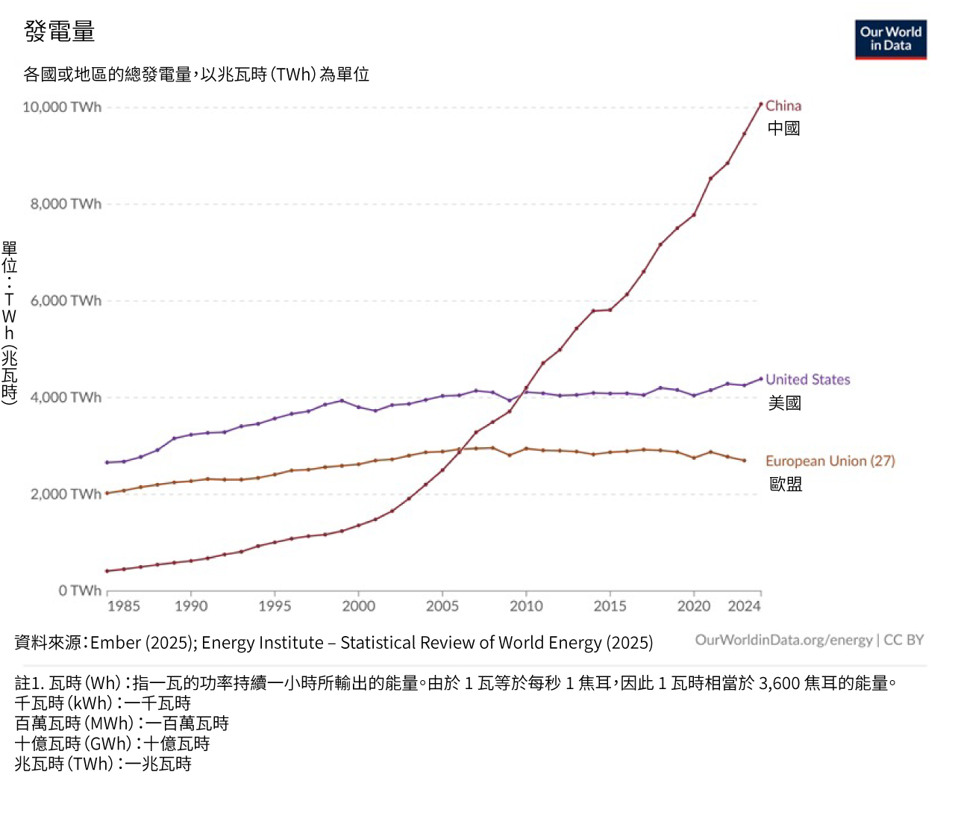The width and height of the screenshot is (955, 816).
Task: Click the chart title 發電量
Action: click(60, 31)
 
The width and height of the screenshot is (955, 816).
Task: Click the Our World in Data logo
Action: click(890, 40)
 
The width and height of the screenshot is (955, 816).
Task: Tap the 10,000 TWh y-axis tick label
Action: click(62, 107)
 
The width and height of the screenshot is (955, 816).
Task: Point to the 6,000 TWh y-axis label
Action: click(66, 301)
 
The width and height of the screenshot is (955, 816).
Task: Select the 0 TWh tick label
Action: click(80, 591)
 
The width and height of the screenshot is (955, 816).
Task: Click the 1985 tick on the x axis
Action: click(123, 606)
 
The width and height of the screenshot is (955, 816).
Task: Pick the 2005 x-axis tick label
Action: click(442, 606)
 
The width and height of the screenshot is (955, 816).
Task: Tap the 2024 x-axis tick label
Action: click(744, 606)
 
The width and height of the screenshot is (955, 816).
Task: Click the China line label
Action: click(783, 106)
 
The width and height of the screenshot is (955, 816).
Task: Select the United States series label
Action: click(807, 379)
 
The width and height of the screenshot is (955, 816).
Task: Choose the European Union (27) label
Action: click(830, 461)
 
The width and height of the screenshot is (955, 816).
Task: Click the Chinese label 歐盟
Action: click(786, 485)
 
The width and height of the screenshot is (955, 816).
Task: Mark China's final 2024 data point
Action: click(761, 105)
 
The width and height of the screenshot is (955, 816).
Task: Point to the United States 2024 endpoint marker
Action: click(761, 379)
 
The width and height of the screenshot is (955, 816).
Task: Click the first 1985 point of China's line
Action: click(107, 571)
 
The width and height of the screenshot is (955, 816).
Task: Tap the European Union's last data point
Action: click(744, 461)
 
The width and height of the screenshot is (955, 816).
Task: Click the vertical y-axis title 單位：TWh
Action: click(9, 323)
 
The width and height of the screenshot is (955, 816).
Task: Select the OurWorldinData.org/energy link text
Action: click(783, 640)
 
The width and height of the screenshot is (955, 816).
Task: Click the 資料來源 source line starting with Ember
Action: click(334, 643)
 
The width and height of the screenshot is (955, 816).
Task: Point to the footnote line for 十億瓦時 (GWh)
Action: click(112, 744)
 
